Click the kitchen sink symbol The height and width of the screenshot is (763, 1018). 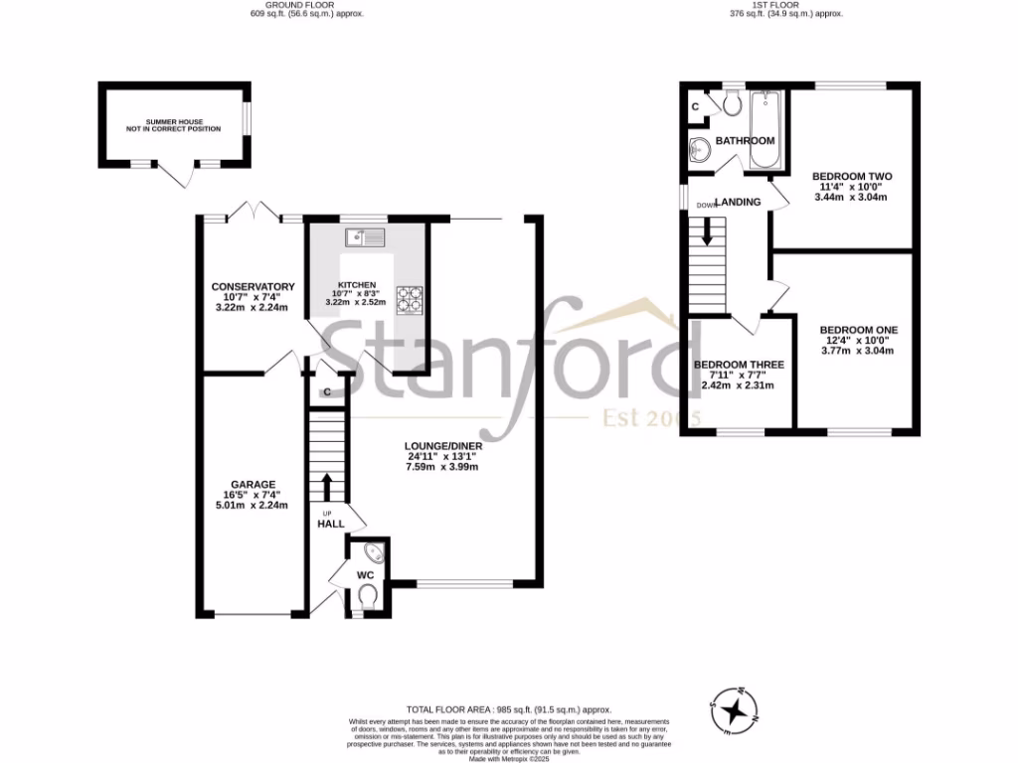coord(365,236)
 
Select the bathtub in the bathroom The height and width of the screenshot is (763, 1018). coord(763,129)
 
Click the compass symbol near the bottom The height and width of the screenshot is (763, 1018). coord(734,709)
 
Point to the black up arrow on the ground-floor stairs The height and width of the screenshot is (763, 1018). coord(325,486)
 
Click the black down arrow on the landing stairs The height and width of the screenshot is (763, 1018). coord(708,231)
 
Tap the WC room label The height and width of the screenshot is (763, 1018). coord(366,574)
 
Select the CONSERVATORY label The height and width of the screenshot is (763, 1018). coord(253,287)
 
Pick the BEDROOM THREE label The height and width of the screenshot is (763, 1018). coord(739,365)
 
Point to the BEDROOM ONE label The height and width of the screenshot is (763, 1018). coord(858,330)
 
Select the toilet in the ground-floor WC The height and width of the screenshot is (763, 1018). coord(367,595)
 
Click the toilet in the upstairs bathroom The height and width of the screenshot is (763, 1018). coord(733,102)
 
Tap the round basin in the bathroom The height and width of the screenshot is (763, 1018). coord(699,151)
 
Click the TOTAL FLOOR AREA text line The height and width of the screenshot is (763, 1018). coord(508,710)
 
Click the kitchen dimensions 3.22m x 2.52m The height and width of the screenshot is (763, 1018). coord(367,301)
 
